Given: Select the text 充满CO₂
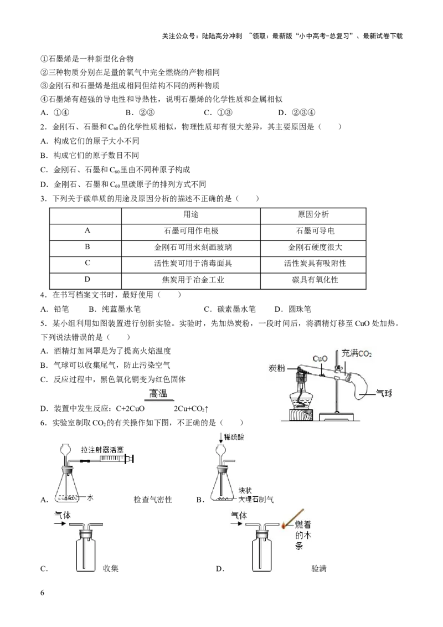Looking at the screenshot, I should pyautogui.click(x=357, y=353).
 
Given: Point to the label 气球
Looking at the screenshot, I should pyautogui.click(x=384, y=393).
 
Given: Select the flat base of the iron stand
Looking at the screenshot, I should pyautogui.click(x=337, y=415).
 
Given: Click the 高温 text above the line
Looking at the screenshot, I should pyautogui.click(x=159, y=393).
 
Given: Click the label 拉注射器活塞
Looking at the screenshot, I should pyautogui.click(x=102, y=449).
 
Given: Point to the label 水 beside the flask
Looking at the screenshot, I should pyautogui.click(x=90, y=498).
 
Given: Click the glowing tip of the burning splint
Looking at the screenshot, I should pyautogui.click(x=284, y=526).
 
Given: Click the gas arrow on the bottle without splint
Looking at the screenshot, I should pyautogui.click(x=61, y=523).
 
